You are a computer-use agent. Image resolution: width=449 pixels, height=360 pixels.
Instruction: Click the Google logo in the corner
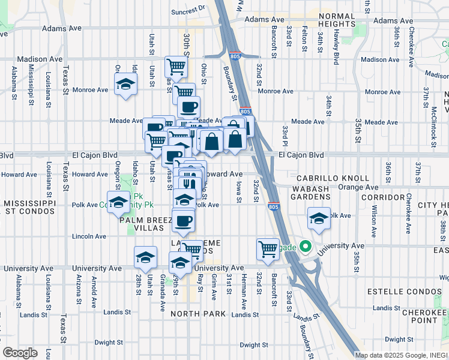[x=20, y=352]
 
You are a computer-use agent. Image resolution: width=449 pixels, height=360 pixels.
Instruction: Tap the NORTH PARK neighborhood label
[x=197, y=314]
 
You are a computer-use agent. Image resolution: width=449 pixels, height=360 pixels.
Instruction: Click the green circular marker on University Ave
[x=305, y=246]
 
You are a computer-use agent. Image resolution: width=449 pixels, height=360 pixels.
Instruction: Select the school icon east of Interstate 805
[x=319, y=218]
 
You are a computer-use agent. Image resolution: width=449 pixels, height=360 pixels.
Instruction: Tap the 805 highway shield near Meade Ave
[x=245, y=112]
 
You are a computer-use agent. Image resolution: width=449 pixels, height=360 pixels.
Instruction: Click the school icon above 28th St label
[x=145, y=256]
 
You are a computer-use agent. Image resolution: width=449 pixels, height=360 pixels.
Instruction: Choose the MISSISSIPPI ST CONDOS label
[x=28, y=208]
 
